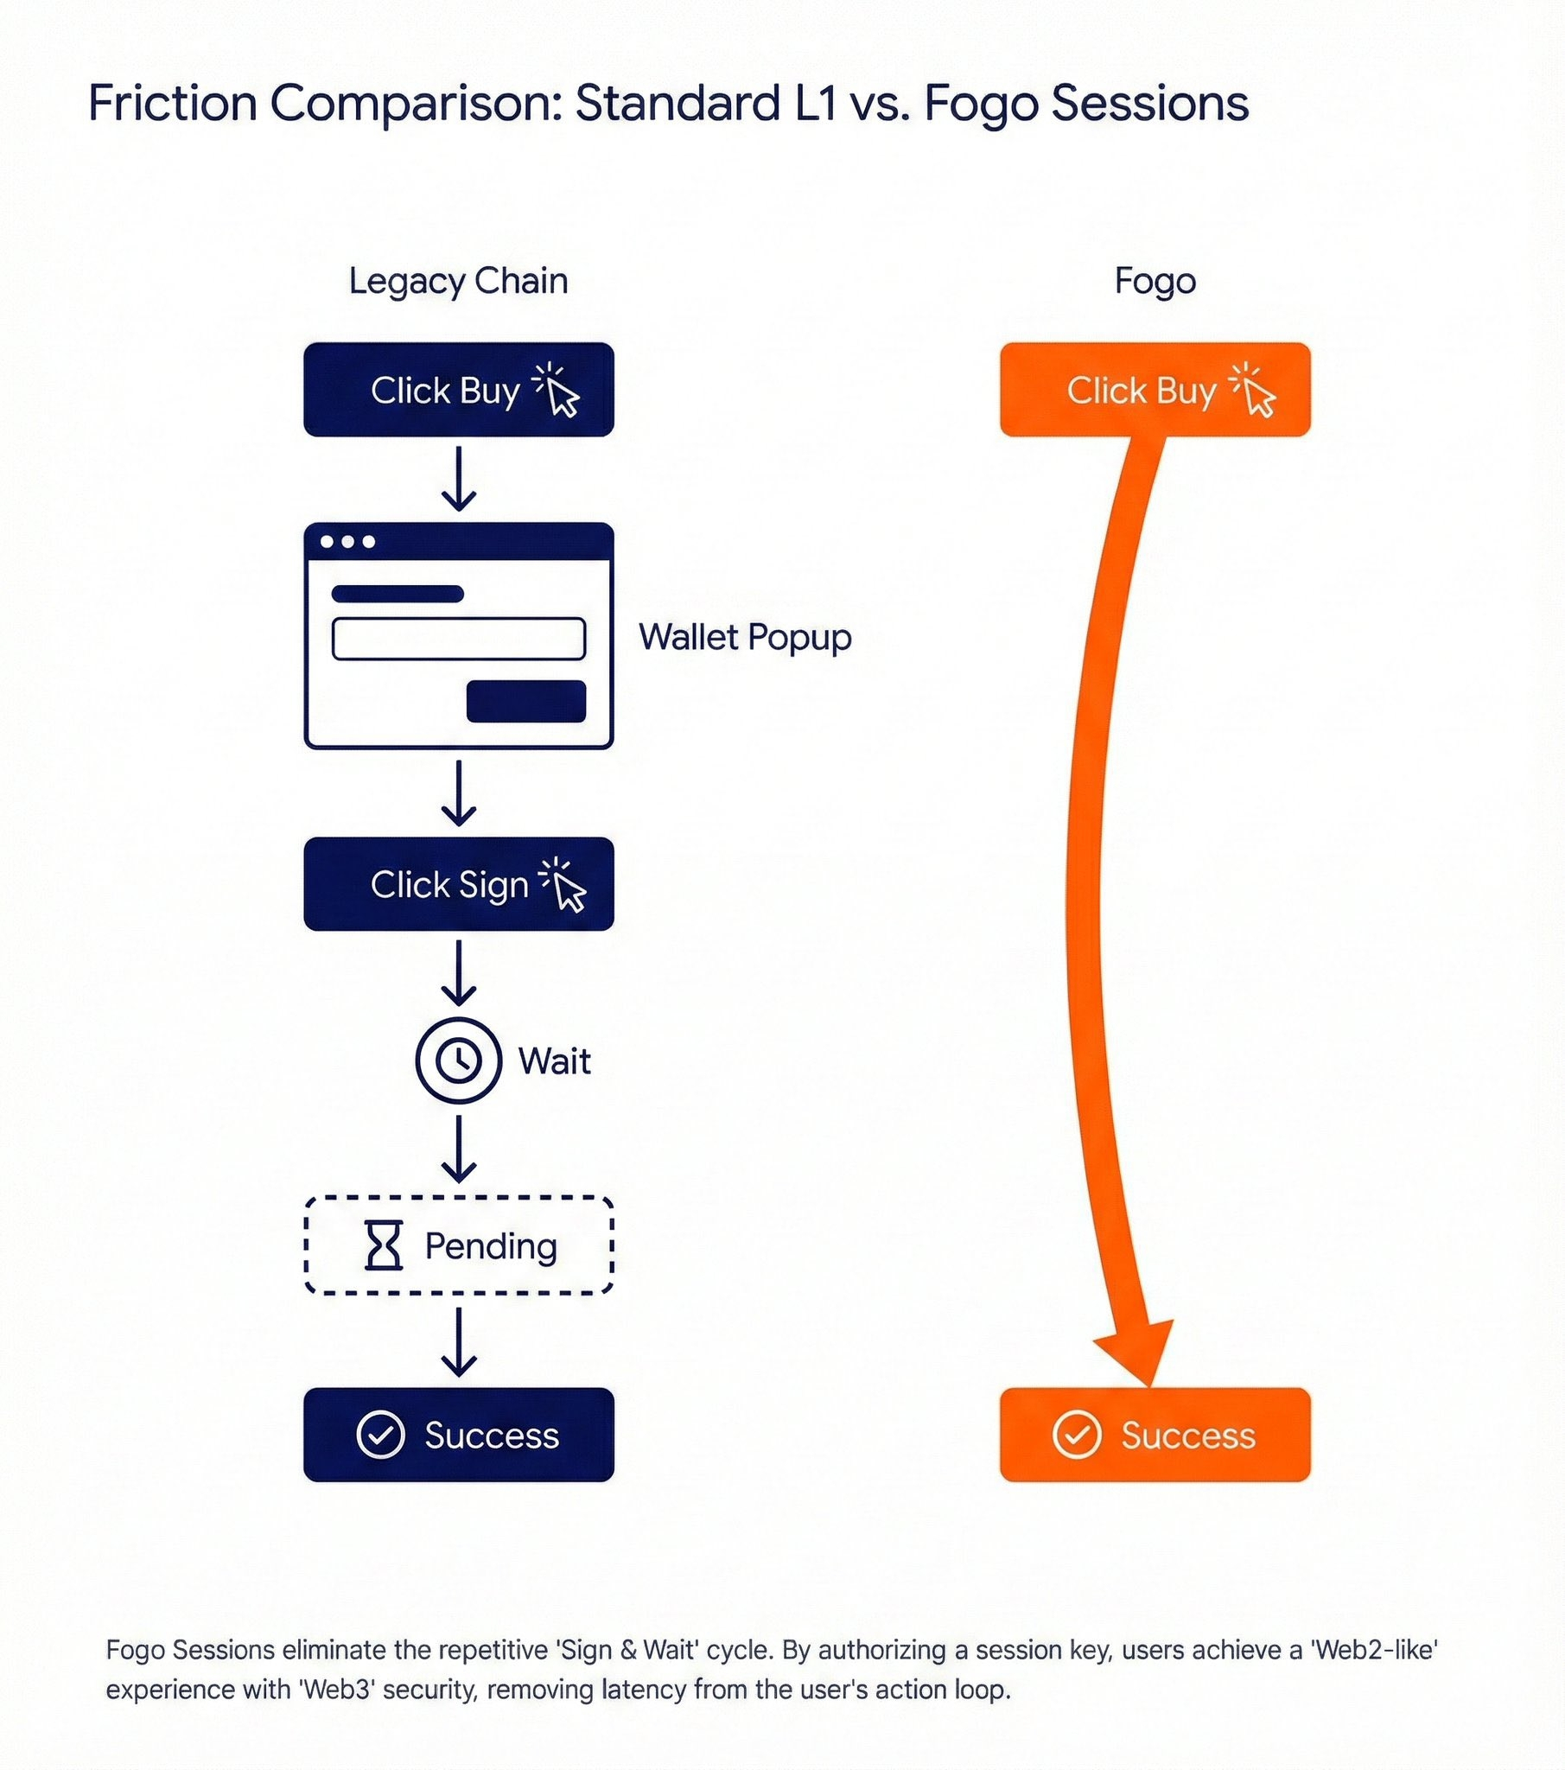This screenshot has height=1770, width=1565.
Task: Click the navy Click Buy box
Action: coord(458,390)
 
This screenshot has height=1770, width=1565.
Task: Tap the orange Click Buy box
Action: coord(1155,390)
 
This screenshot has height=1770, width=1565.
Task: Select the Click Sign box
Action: coord(458,884)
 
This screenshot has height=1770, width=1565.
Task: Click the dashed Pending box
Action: coord(458,1245)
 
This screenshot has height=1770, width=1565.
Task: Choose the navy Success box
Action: coord(458,1435)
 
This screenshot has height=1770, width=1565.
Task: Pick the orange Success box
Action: coord(1155,1435)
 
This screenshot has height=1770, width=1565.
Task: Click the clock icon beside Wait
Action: coord(458,1060)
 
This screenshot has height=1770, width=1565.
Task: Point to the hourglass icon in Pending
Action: coord(383,1245)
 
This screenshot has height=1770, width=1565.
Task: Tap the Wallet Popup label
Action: coord(745,637)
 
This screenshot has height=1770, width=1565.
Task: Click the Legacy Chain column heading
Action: coord(458,282)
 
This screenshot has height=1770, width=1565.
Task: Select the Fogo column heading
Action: coord(1155,282)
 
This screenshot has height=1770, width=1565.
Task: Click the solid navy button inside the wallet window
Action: coord(525,702)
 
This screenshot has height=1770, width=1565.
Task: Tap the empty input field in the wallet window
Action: coord(458,639)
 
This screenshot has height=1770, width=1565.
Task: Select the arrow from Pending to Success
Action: coord(458,1341)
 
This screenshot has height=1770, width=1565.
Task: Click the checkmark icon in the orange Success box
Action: coord(1077,1435)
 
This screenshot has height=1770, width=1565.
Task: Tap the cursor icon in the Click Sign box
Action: coord(564,886)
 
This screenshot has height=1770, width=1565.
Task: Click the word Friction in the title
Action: coord(172,104)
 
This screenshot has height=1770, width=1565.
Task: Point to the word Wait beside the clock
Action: coord(554,1060)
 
